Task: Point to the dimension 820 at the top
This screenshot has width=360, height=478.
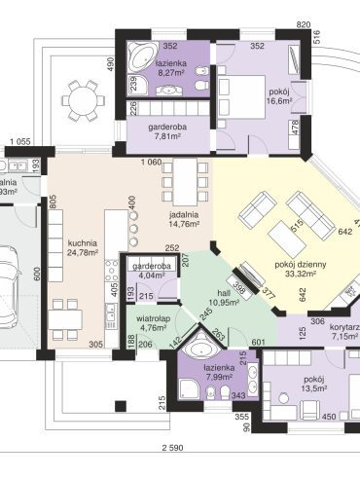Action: coord(303,23)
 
